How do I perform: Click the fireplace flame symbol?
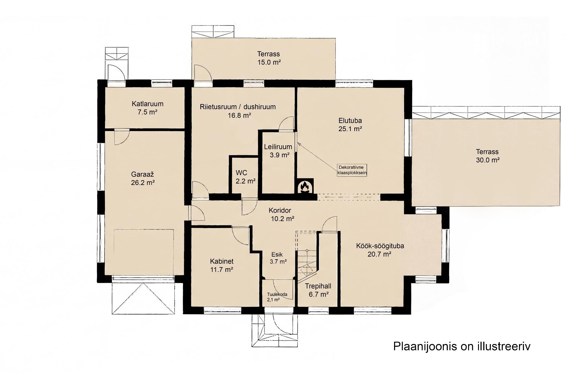click(x=306, y=187)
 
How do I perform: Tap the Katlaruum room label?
click(x=148, y=108)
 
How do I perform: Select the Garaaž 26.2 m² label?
click(x=143, y=178)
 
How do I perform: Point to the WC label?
click(x=246, y=177)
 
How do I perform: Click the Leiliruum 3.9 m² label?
click(x=278, y=151)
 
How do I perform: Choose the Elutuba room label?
click(x=350, y=125)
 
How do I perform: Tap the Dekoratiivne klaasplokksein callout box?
click(x=352, y=170)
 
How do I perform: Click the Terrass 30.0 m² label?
click(x=487, y=156)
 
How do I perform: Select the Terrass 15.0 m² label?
click(x=269, y=58)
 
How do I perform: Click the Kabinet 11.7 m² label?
click(x=222, y=265)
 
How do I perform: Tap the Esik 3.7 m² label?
click(x=278, y=258)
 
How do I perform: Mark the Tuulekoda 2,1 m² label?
click(x=277, y=297)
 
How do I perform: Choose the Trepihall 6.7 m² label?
click(x=318, y=290)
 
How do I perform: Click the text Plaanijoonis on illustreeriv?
click(x=462, y=346)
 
